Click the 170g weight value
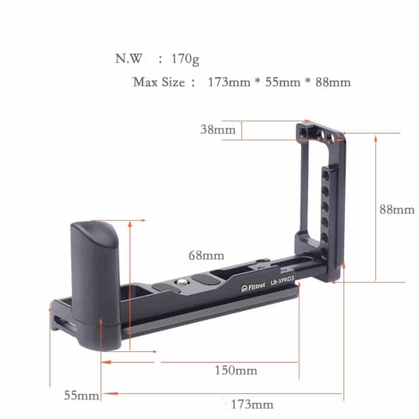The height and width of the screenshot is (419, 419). (185, 59)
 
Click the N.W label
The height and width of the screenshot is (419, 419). (129, 59)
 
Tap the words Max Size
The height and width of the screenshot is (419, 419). (159, 82)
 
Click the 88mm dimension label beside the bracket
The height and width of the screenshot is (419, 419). (397, 209)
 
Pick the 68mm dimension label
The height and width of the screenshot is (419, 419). (206, 256)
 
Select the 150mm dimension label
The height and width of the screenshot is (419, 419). (236, 371)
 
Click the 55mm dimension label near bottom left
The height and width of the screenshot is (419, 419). (81, 396)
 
